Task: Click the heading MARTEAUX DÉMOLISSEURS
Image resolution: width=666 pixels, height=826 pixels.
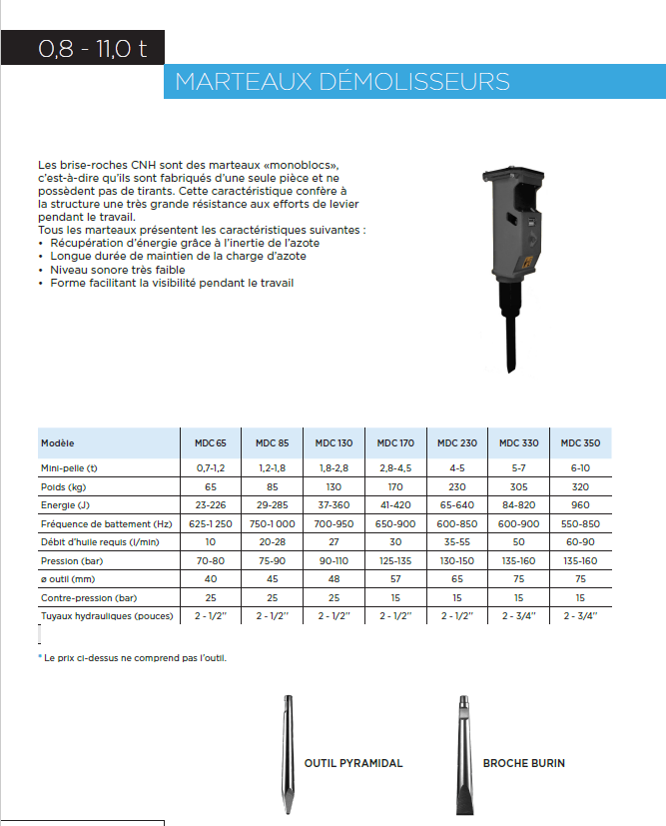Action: pos(342,81)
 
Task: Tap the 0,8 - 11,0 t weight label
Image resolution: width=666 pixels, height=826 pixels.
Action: pos(93,48)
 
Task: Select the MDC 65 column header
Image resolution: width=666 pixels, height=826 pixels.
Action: pos(210,442)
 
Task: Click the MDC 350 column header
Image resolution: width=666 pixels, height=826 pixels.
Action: pos(580,442)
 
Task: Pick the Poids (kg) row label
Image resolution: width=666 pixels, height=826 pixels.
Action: pos(66,486)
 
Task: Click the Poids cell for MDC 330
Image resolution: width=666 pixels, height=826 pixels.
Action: pos(518,486)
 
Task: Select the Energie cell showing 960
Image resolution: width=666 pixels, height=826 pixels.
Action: pos(580,505)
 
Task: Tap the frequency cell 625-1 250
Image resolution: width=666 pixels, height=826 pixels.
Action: pos(210,523)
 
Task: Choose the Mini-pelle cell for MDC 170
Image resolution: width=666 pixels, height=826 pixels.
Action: pos(395,467)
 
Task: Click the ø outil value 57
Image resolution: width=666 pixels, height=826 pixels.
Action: pos(395,578)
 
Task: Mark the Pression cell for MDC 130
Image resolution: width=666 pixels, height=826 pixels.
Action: pos(333,560)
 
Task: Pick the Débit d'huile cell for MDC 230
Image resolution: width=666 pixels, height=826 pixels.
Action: pos(457,542)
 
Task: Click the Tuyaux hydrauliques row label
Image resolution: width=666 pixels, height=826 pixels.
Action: pos(107,615)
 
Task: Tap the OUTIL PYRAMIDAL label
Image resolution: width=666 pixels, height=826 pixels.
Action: pos(353,763)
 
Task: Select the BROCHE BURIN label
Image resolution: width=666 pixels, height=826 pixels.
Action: pos(523,763)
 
